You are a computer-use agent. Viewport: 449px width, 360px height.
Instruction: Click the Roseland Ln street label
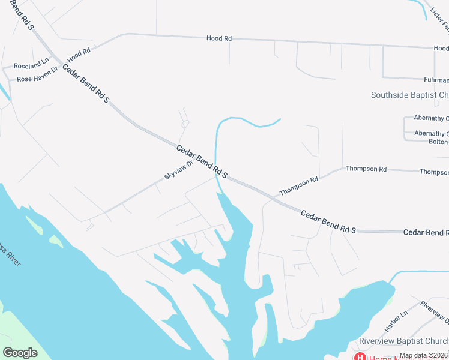click(32, 64)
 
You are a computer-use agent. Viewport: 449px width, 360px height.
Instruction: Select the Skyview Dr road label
click(178, 171)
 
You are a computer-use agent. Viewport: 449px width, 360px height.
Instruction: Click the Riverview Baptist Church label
click(403, 341)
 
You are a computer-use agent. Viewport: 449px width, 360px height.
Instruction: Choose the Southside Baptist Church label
click(409, 95)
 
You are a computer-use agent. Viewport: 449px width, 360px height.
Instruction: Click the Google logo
click(20, 353)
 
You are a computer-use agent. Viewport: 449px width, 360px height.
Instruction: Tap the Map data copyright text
click(423, 356)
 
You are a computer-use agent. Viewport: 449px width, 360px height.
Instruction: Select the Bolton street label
click(438, 142)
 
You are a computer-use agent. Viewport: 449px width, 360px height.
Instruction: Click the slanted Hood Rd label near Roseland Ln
click(79, 55)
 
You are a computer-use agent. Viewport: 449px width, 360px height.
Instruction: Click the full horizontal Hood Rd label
click(218, 38)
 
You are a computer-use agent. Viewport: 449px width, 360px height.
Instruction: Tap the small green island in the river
click(56, 241)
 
